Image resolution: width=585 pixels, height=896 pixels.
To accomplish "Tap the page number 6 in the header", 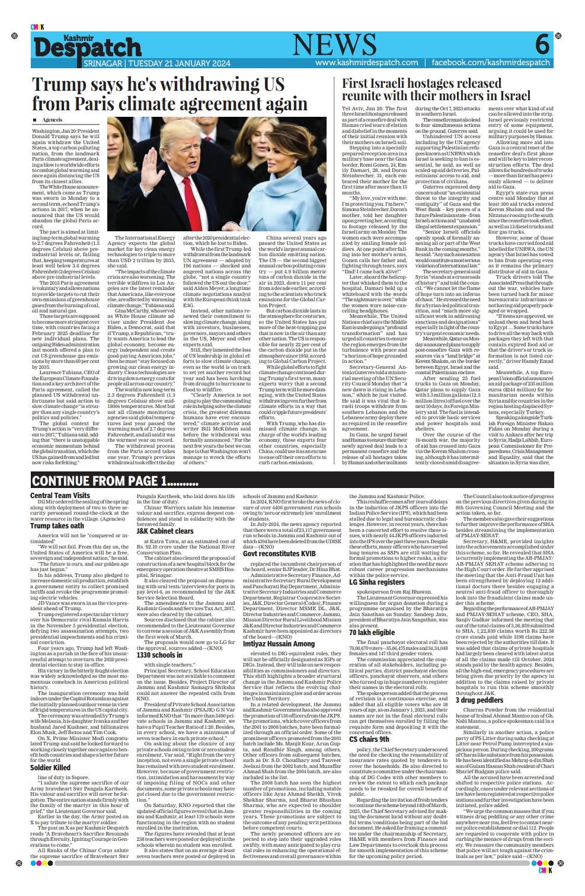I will coord(542,45).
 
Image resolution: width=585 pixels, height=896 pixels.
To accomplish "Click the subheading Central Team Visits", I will coord(60,495).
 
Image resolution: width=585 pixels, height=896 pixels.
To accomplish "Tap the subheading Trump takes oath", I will coord(57,525).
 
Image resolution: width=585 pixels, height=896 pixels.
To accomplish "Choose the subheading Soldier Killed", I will coord(50,767).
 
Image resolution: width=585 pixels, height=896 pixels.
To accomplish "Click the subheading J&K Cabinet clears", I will coord(165,531).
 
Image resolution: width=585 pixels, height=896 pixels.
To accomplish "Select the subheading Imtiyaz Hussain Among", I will coord(279,643).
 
